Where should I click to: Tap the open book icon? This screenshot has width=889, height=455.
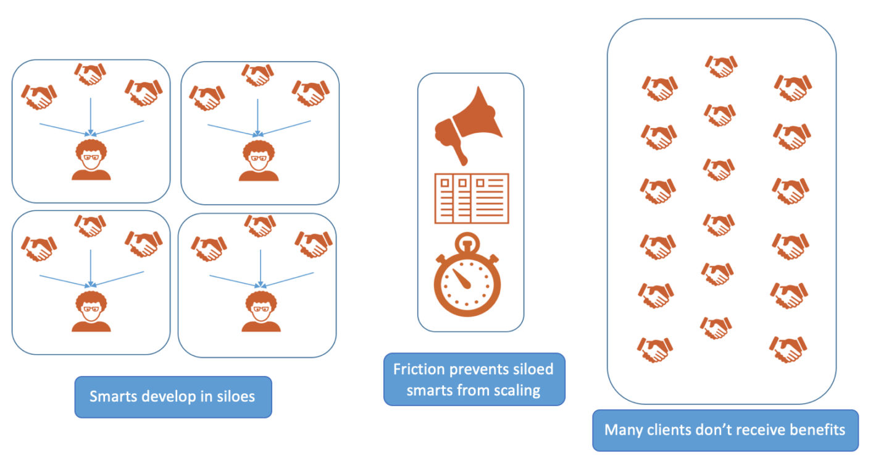[472, 198]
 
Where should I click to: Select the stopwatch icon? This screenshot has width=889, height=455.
[467, 276]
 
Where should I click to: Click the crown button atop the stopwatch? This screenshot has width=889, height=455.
[467, 238]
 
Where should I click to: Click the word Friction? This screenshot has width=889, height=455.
[420, 370]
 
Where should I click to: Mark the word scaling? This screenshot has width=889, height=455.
[519, 390]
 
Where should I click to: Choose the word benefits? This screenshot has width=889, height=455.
[819, 430]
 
